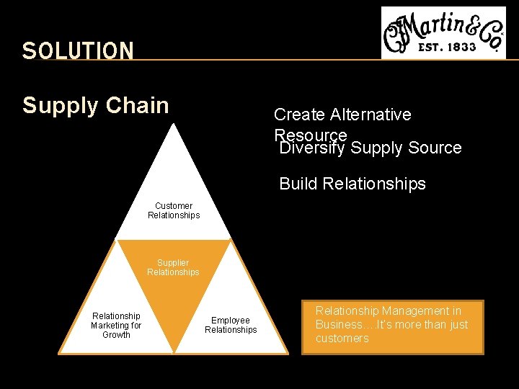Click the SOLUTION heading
click(x=78, y=50)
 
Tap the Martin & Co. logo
click(x=443, y=32)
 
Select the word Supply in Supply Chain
click(x=61, y=106)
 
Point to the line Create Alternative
click(x=342, y=115)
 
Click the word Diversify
click(x=312, y=148)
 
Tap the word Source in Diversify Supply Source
click(x=435, y=148)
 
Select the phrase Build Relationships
click(x=352, y=184)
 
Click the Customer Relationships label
click(x=174, y=210)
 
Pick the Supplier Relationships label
click(x=173, y=267)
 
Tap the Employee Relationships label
click(x=231, y=325)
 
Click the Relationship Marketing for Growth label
click(x=116, y=325)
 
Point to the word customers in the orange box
click(x=342, y=338)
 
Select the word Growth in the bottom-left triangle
click(x=116, y=334)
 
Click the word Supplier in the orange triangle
click(x=173, y=263)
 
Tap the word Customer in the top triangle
click(x=174, y=206)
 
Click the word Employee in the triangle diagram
click(x=231, y=321)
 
